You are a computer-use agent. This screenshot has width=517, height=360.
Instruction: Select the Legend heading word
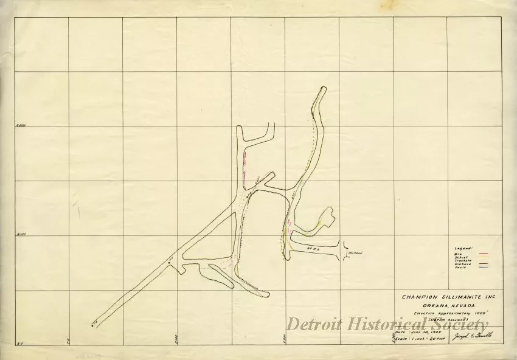(463, 249)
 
